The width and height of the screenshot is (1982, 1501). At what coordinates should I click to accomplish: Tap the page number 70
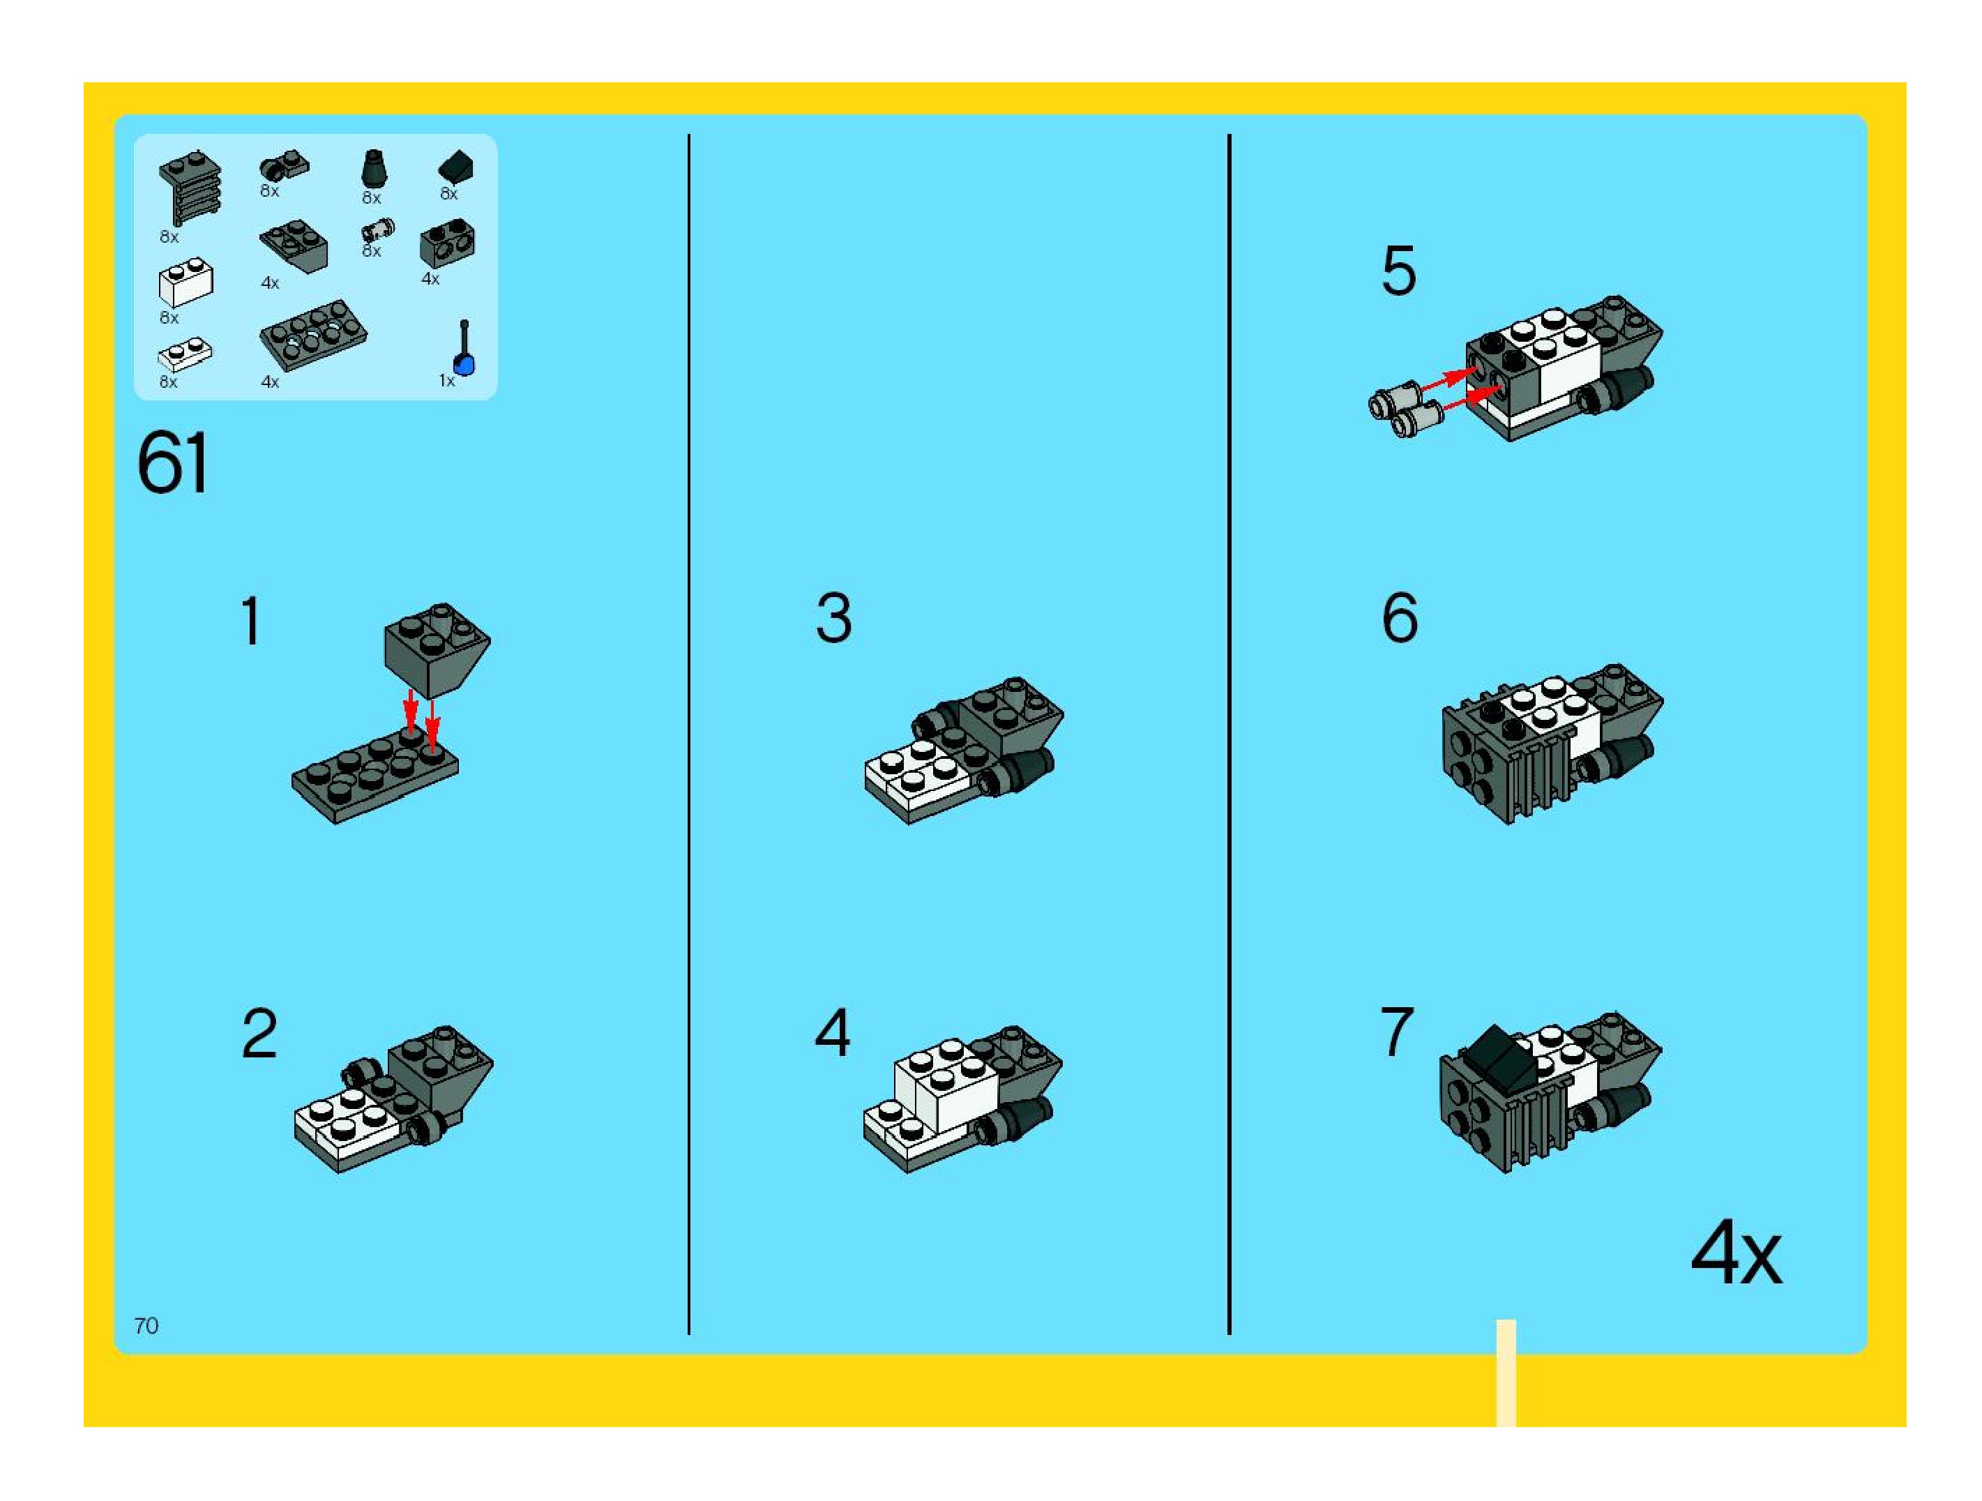pyautogui.click(x=146, y=1325)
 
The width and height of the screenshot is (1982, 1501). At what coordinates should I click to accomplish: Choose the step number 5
pyautogui.click(x=1399, y=271)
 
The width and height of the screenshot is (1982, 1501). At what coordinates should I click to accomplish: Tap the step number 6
pyautogui.click(x=1400, y=618)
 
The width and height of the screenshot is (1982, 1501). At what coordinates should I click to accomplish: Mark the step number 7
pyautogui.click(x=1397, y=1032)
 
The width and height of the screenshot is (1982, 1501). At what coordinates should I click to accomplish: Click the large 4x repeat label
pyautogui.click(x=1736, y=1253)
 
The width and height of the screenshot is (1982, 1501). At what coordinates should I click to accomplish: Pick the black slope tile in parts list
pyautogui.click(x=456, y=167)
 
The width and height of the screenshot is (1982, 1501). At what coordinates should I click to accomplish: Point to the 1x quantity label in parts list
pyautogui.click(x=446, y=381)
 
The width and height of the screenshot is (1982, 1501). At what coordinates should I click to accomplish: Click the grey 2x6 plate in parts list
pyautogui.click(x=312, y=334)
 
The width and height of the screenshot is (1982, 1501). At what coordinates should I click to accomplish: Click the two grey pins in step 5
pyautogui.click(x=1404, y=409)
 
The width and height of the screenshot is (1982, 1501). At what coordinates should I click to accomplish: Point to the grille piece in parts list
pyautogui.click(x=190, y=186)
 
